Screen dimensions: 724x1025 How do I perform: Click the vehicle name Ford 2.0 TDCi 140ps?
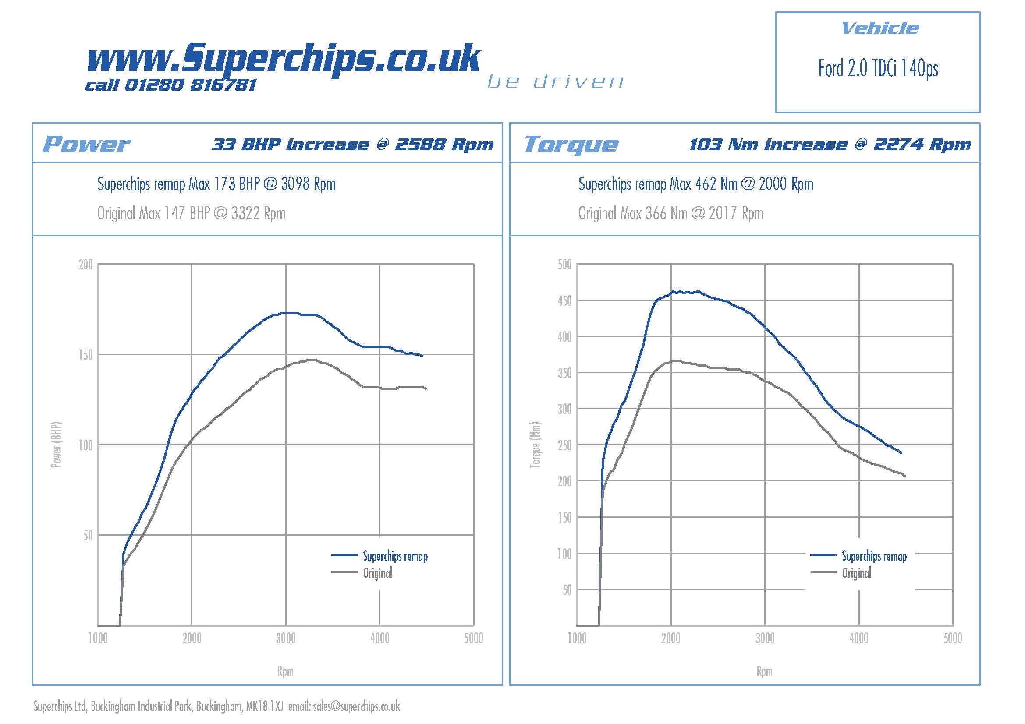pyautogui.click(x=878, y=68)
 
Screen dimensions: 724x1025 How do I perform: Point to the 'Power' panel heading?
pyautogui.click(x=86, y=144)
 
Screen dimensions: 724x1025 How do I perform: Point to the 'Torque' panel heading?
pyautogui.click(x=571, y=144)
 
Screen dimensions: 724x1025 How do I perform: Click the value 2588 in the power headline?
pyautogui.click(x=420, y=145)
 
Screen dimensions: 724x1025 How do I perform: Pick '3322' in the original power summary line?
pyautogui.click(x=245, y=213)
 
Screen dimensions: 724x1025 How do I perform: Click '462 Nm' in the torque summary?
pyautogui.click(x=716, y=184)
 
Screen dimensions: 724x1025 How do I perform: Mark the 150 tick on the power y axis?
pyautogui.click(x=85, y=355)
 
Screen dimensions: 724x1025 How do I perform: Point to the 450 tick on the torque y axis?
pyautogui.click(x=564, y=300)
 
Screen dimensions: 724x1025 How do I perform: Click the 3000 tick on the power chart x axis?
pyautogui.click(x=286, y=638)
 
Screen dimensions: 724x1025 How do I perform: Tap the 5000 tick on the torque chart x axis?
pyautogui.click(x=952, y=638)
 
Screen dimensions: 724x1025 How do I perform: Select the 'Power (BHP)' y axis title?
pyautogui.click(x=56, y=445)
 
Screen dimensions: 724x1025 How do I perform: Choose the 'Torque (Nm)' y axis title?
pyautogui.click(x=535, y=445)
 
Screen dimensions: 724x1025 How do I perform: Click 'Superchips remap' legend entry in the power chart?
pyautogui.click(x=395, y=556)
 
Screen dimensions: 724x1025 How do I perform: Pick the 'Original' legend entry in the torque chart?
pyautogui.click(x=856, y=573)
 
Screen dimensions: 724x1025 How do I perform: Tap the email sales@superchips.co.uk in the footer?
pyautogui.click(x=356, y=706)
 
